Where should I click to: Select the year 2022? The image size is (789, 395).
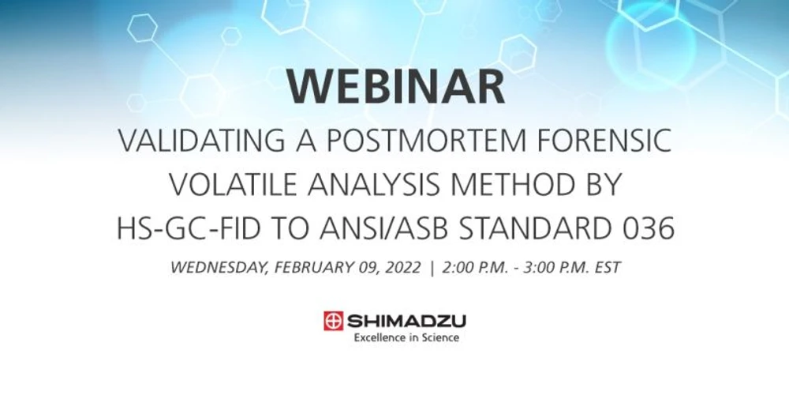(x=399, y=267)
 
